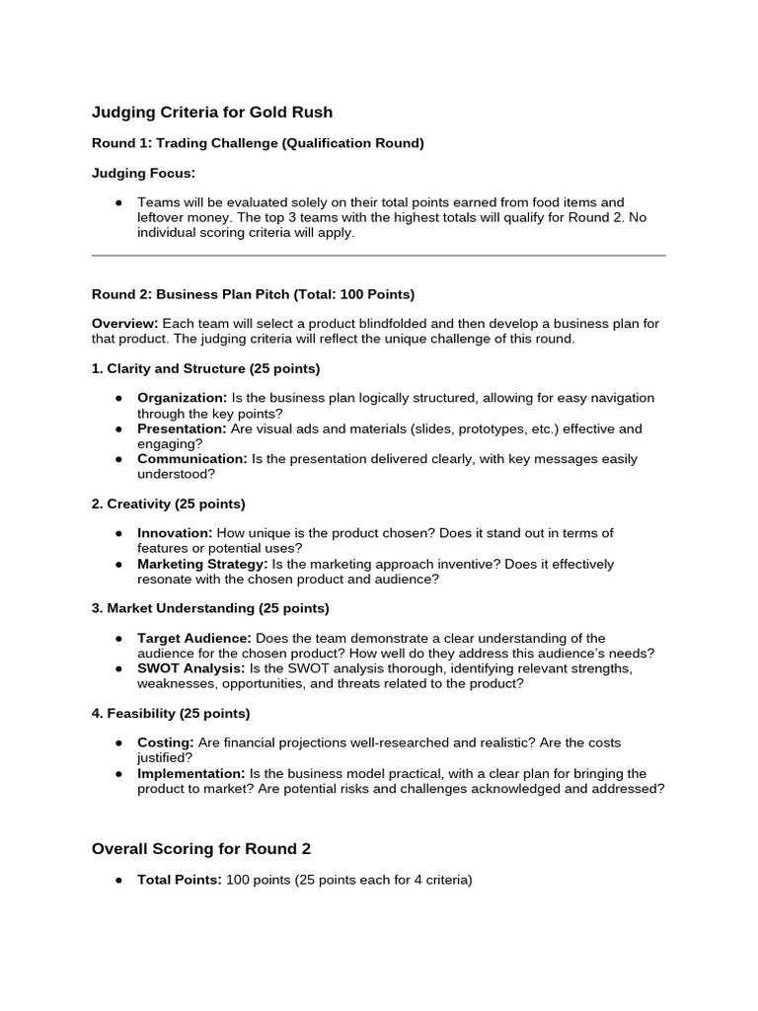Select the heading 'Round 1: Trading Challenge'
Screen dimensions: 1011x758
[258, 143]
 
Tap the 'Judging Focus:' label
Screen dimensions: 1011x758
[143, 173]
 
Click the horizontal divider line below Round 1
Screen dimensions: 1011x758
[378, 256]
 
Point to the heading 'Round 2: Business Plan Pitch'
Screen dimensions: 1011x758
[253, 294]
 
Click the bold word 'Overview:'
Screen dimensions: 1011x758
[124, 324]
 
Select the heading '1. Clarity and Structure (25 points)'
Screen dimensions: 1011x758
[205, 368]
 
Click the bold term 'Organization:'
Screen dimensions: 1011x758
[182, 398]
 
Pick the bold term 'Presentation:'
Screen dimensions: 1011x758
[182, 429]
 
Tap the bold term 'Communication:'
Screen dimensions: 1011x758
[192, 459]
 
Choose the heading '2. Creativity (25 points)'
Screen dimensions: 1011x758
[168, 504]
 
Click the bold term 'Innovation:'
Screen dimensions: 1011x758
[175, 533]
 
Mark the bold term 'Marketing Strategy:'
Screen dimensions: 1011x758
[202, 565]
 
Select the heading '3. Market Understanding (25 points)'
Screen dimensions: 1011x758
[210, 608]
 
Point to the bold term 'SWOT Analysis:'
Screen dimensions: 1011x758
[189, 668]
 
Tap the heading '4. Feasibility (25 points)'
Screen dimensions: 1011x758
[171, 713]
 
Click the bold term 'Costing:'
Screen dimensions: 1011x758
[165, 742]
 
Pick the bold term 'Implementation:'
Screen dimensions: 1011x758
[190, 774]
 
